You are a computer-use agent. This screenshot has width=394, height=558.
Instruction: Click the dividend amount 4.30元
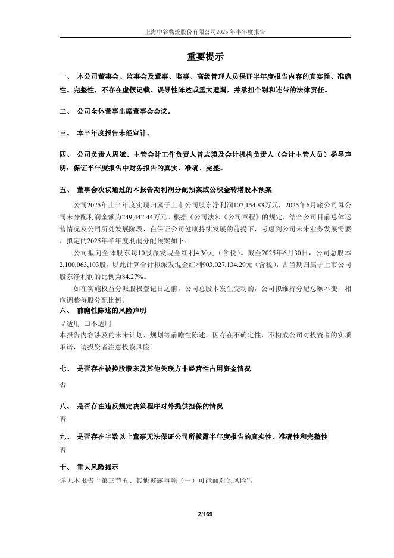tap(201, 252)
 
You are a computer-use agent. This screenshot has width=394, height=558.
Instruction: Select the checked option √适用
tap(70, 323)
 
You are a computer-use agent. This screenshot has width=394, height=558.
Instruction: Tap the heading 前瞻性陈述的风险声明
tap(112, 311)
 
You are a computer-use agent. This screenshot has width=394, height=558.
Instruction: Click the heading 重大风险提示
tap(98, 467)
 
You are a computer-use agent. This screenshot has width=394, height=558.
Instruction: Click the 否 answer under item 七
tap(63, 385)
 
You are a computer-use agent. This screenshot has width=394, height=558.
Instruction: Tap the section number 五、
tap(65, 190)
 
